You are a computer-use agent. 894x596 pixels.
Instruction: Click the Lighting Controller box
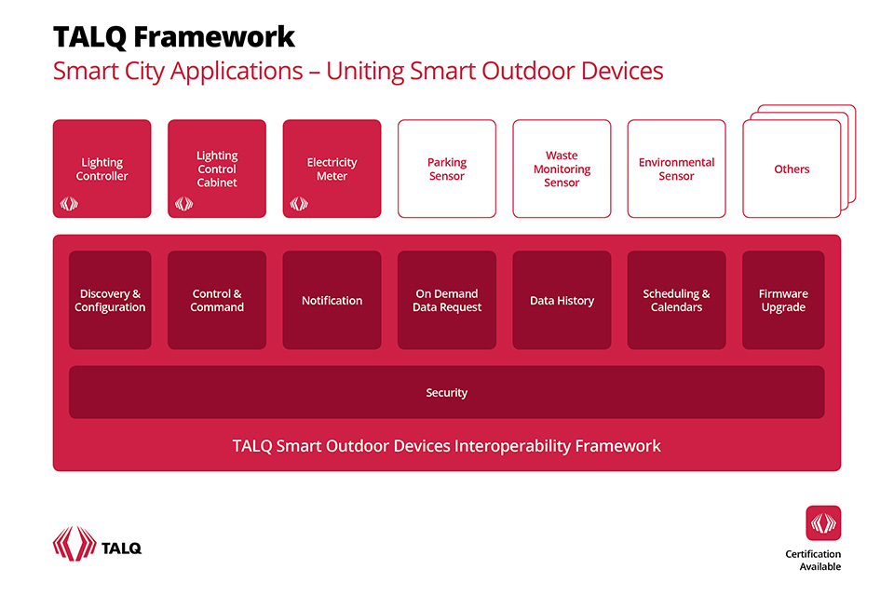click(102, 169)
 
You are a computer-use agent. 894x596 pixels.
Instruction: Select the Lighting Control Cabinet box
click(217, 169)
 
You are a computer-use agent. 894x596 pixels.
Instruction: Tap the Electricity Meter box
click(332, 169)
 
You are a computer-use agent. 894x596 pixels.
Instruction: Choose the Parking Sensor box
click(447, 169)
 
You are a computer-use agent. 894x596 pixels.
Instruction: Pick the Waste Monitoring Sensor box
click(562, 169)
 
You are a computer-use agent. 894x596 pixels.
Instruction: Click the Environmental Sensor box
click(676, 169)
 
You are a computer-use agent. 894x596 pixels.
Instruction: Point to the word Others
click(792, 169)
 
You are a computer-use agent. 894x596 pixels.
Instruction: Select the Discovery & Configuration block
click(110, 300)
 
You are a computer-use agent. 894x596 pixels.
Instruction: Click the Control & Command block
click(217, 300)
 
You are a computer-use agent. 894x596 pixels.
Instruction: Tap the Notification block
click(332, 300)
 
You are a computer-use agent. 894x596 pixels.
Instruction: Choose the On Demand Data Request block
click(447, 300)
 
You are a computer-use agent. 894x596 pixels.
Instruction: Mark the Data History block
click(562, 300)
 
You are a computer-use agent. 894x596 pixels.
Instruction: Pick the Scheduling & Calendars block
click(676, 300)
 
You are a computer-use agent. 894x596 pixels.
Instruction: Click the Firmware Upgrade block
click(783, 300)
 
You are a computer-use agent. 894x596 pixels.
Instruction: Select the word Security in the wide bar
click(447, 393)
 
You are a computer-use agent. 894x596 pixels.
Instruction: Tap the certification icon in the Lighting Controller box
click(69, 203)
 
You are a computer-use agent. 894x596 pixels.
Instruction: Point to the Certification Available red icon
click(823, 523)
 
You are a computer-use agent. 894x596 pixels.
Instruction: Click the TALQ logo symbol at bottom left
click(74, 544)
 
